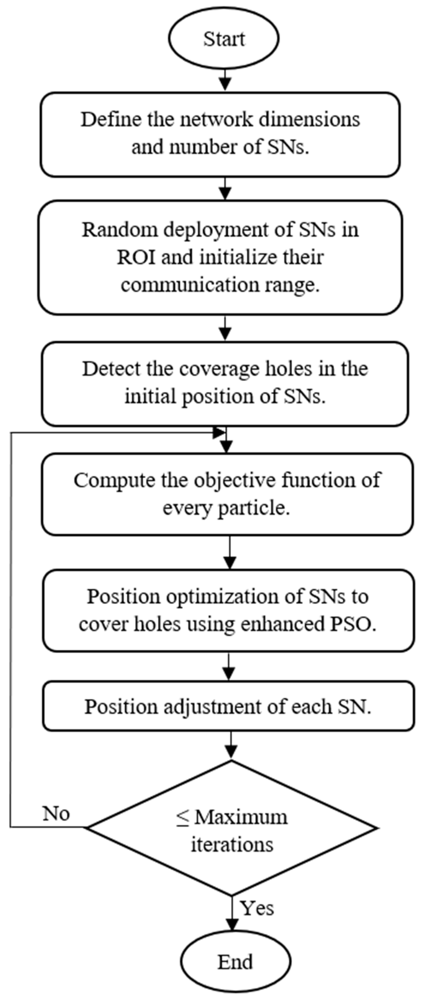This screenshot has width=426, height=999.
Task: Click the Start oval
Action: point(224,38)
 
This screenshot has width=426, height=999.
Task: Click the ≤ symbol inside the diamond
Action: point(182,817)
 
